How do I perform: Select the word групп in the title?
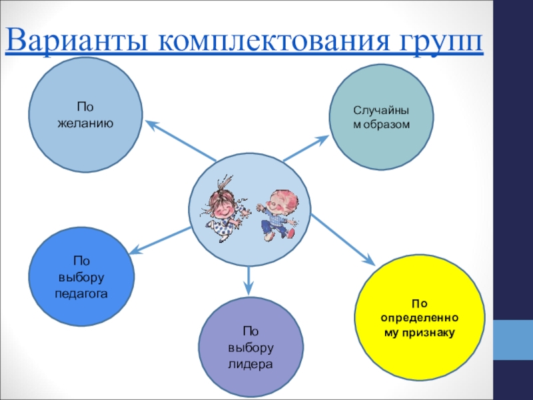tap(437, 43)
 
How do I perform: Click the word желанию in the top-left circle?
tap(85, 123)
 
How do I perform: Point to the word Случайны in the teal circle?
tap(381, 111)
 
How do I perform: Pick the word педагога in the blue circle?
tap(81, 293)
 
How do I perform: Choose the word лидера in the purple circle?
tap(251, 365)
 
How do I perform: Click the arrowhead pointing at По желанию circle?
tap(152, 123)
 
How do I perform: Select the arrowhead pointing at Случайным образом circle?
tap(322, 139)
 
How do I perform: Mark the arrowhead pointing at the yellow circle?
tap(368, 259)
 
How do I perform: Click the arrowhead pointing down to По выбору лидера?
tap(249, 288)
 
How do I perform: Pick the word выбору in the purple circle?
tap(251, 348)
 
